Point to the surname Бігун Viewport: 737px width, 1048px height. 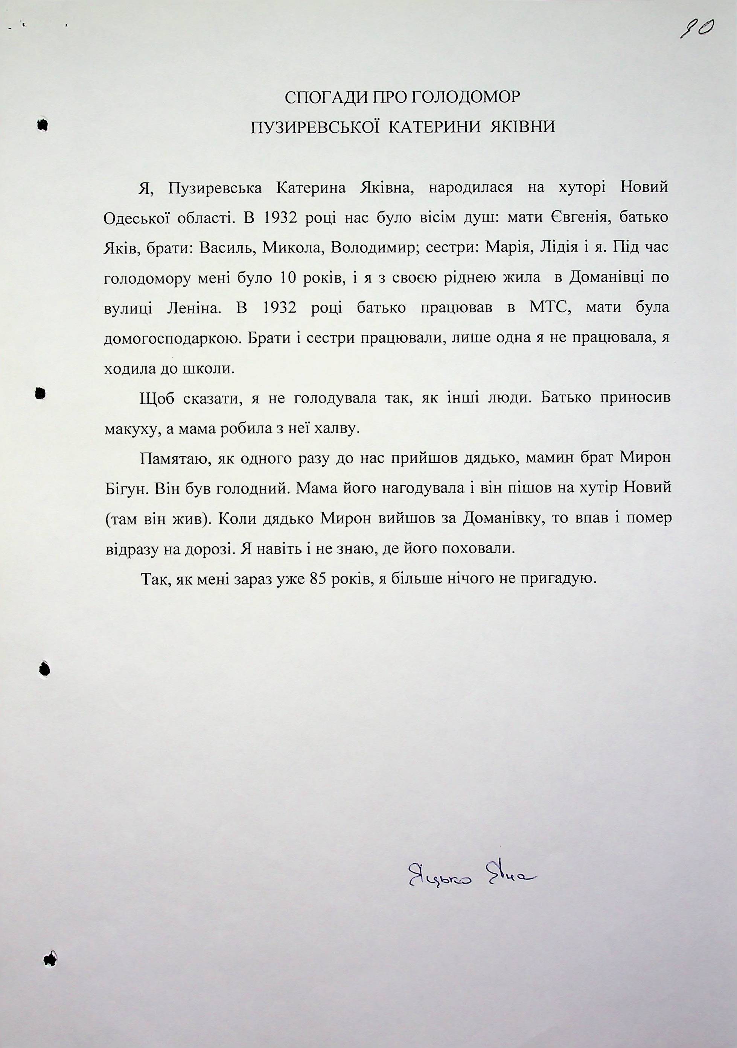(125, 489)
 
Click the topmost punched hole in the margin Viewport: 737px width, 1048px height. (43, 125)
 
